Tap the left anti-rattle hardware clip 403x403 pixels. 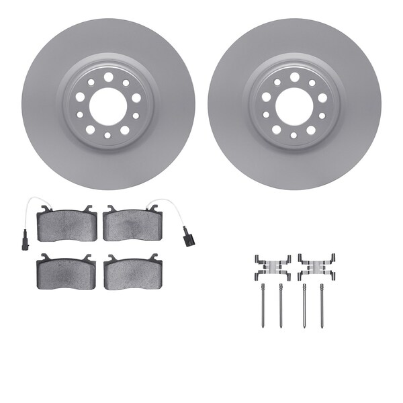(x=272, y=267)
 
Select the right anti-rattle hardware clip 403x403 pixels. (x=316, y=267)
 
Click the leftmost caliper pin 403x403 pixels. (x=261, y=306)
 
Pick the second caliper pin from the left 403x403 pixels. (x=280, y=306)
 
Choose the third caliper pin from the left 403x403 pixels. (x=305, y=306)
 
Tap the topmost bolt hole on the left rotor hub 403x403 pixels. (x=107, y=77)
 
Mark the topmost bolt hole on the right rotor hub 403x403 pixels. (x=294, y=77)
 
